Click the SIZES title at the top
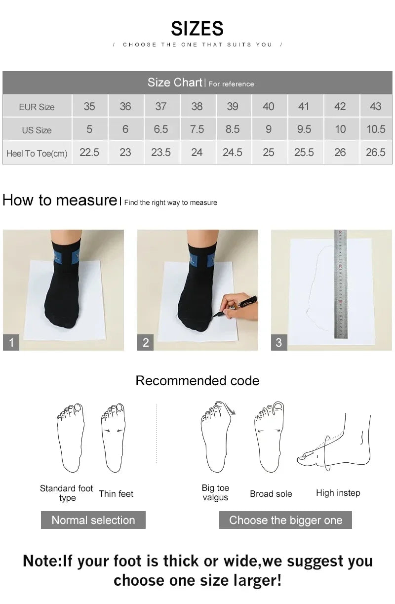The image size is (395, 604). point(197,29)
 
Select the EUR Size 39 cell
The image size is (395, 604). point(233,107)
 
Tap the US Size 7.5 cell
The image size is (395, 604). point(197,129)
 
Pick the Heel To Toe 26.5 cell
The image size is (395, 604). point(375,153)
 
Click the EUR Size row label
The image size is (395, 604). point(37,107)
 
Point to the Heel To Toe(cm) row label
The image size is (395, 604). point(37,154)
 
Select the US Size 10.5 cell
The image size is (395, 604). point(375,129)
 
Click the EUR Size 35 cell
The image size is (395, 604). point(89,107)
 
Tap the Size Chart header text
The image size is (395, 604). point(175,82)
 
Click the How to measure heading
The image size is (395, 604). point(59,201)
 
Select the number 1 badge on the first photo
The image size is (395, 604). point(11,342)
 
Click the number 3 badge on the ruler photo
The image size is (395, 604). point(279,342)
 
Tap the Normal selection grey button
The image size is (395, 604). point(93,520)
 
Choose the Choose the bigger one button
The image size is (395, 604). point(285,520)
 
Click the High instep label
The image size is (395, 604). point(338,493)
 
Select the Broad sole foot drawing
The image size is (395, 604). point(269,437)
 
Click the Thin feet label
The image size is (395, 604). point(116,494)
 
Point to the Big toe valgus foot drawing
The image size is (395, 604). point(216,437)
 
